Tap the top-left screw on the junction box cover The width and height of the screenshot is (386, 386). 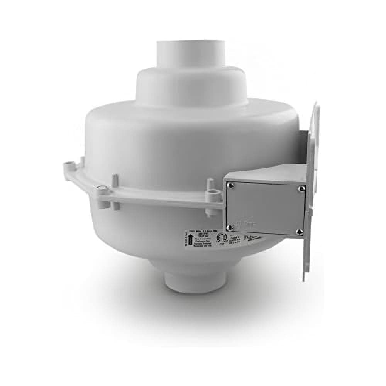click(x=230, y=185)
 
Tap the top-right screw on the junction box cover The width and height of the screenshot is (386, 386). click(x=300, y=189)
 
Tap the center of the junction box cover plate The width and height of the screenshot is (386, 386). click(x=264, y=208)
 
